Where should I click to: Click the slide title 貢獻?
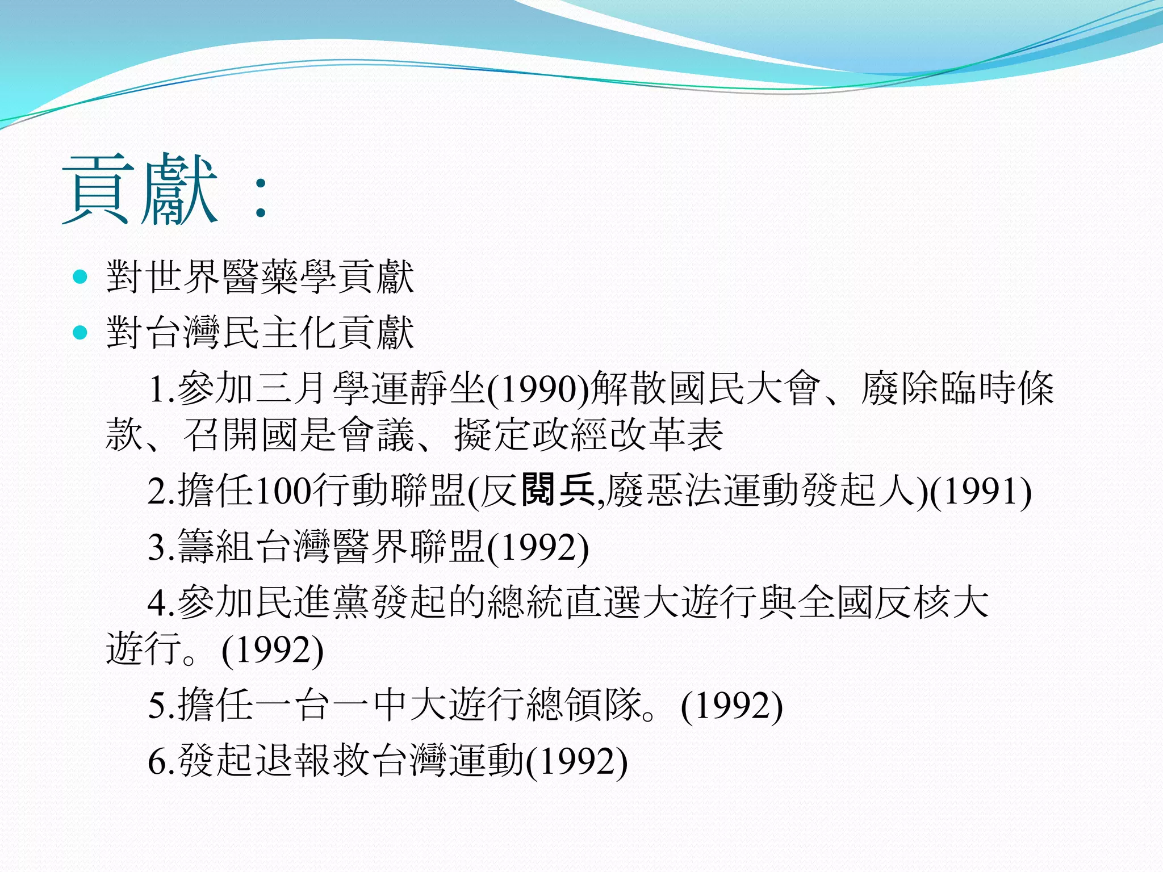tap(140, 190)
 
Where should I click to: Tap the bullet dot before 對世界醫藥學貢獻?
tap(81, 277)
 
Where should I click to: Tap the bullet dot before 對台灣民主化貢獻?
tap(81, 332)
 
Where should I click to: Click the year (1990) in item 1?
tap(538, 389)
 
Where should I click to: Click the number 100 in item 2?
tap(284, 491)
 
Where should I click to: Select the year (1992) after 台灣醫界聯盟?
tap(538, 547)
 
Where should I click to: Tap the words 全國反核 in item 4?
tap(875, 602)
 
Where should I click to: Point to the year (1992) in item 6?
tap(577, 761)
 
